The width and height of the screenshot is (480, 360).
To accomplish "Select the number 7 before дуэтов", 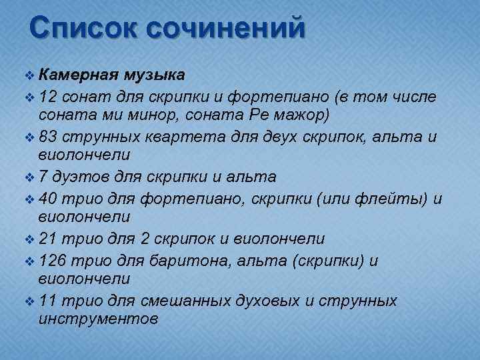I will point(44,178).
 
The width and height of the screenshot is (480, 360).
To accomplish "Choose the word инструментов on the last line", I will point(99,319).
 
